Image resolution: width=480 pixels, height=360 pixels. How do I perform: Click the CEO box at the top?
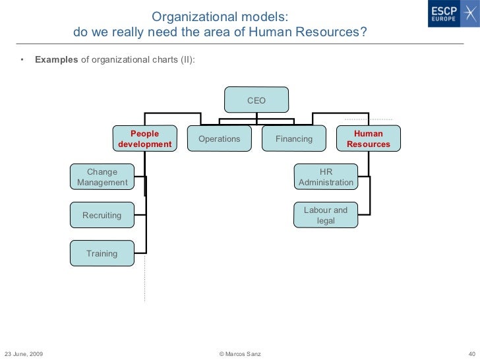coord(256,100)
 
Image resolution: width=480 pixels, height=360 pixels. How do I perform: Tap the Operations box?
coord(220,139)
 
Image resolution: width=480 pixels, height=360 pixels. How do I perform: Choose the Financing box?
coord(294,139)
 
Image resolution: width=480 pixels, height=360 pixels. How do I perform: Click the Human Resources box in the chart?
coord(369,138)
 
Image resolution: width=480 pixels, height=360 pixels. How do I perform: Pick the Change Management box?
coord(102,177)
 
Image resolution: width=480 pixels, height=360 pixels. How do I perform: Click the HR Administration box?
coord(326,177)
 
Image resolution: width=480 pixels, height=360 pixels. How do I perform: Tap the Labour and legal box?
coord(326,216)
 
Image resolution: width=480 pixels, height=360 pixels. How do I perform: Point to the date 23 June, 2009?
coord(24,354)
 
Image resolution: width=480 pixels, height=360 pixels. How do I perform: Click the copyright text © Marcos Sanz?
coord(239,354)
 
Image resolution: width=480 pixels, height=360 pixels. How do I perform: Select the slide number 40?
coord(471,354)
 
